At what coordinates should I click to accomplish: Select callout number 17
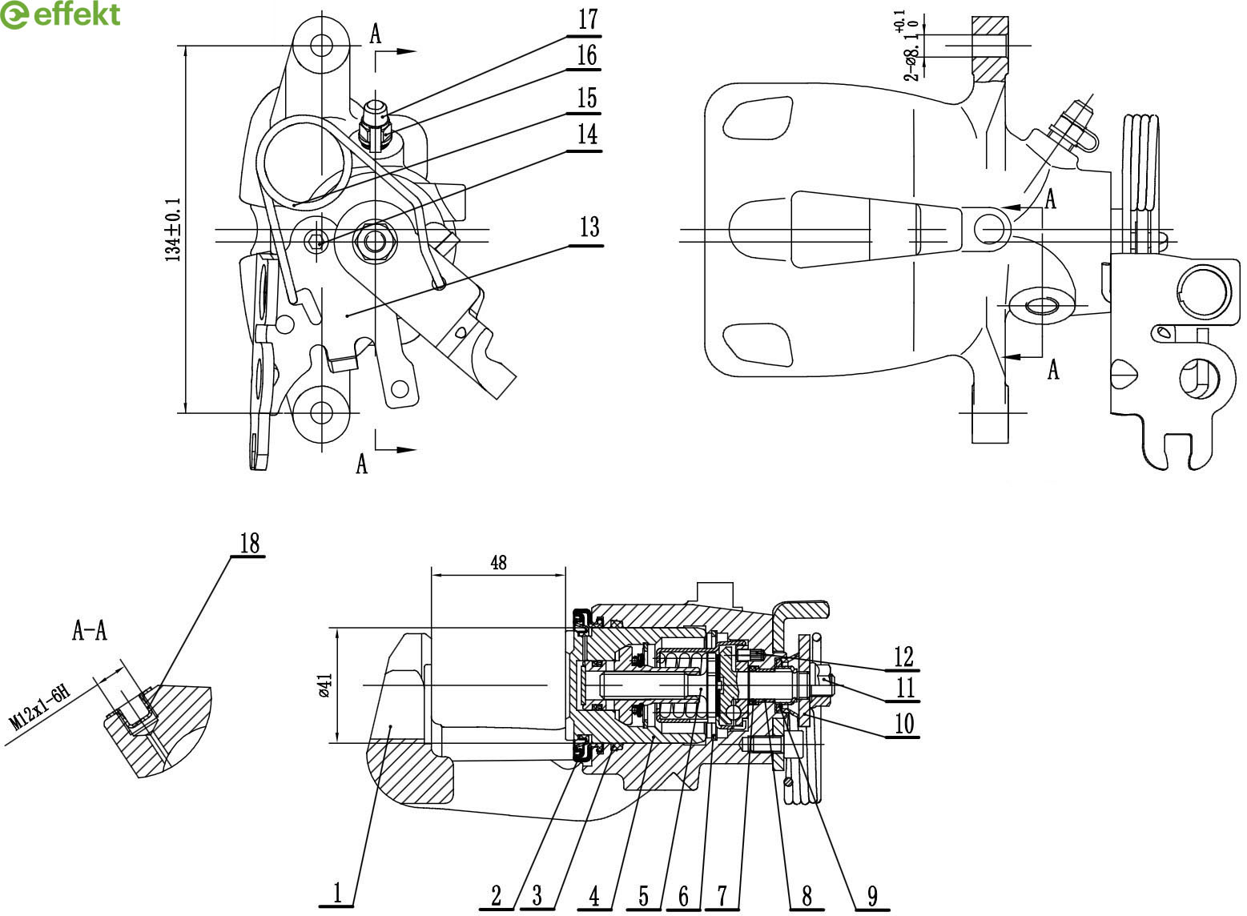pos(588,19)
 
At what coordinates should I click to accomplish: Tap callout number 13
pos(589,227)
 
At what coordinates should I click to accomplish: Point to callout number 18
pos(249,543)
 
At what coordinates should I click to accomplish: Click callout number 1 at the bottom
pos(337,893)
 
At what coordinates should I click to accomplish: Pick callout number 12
pos(903,657)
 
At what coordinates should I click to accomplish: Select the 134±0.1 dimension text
pos(173,229)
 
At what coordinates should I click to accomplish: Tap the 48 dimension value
pos(498,563)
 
